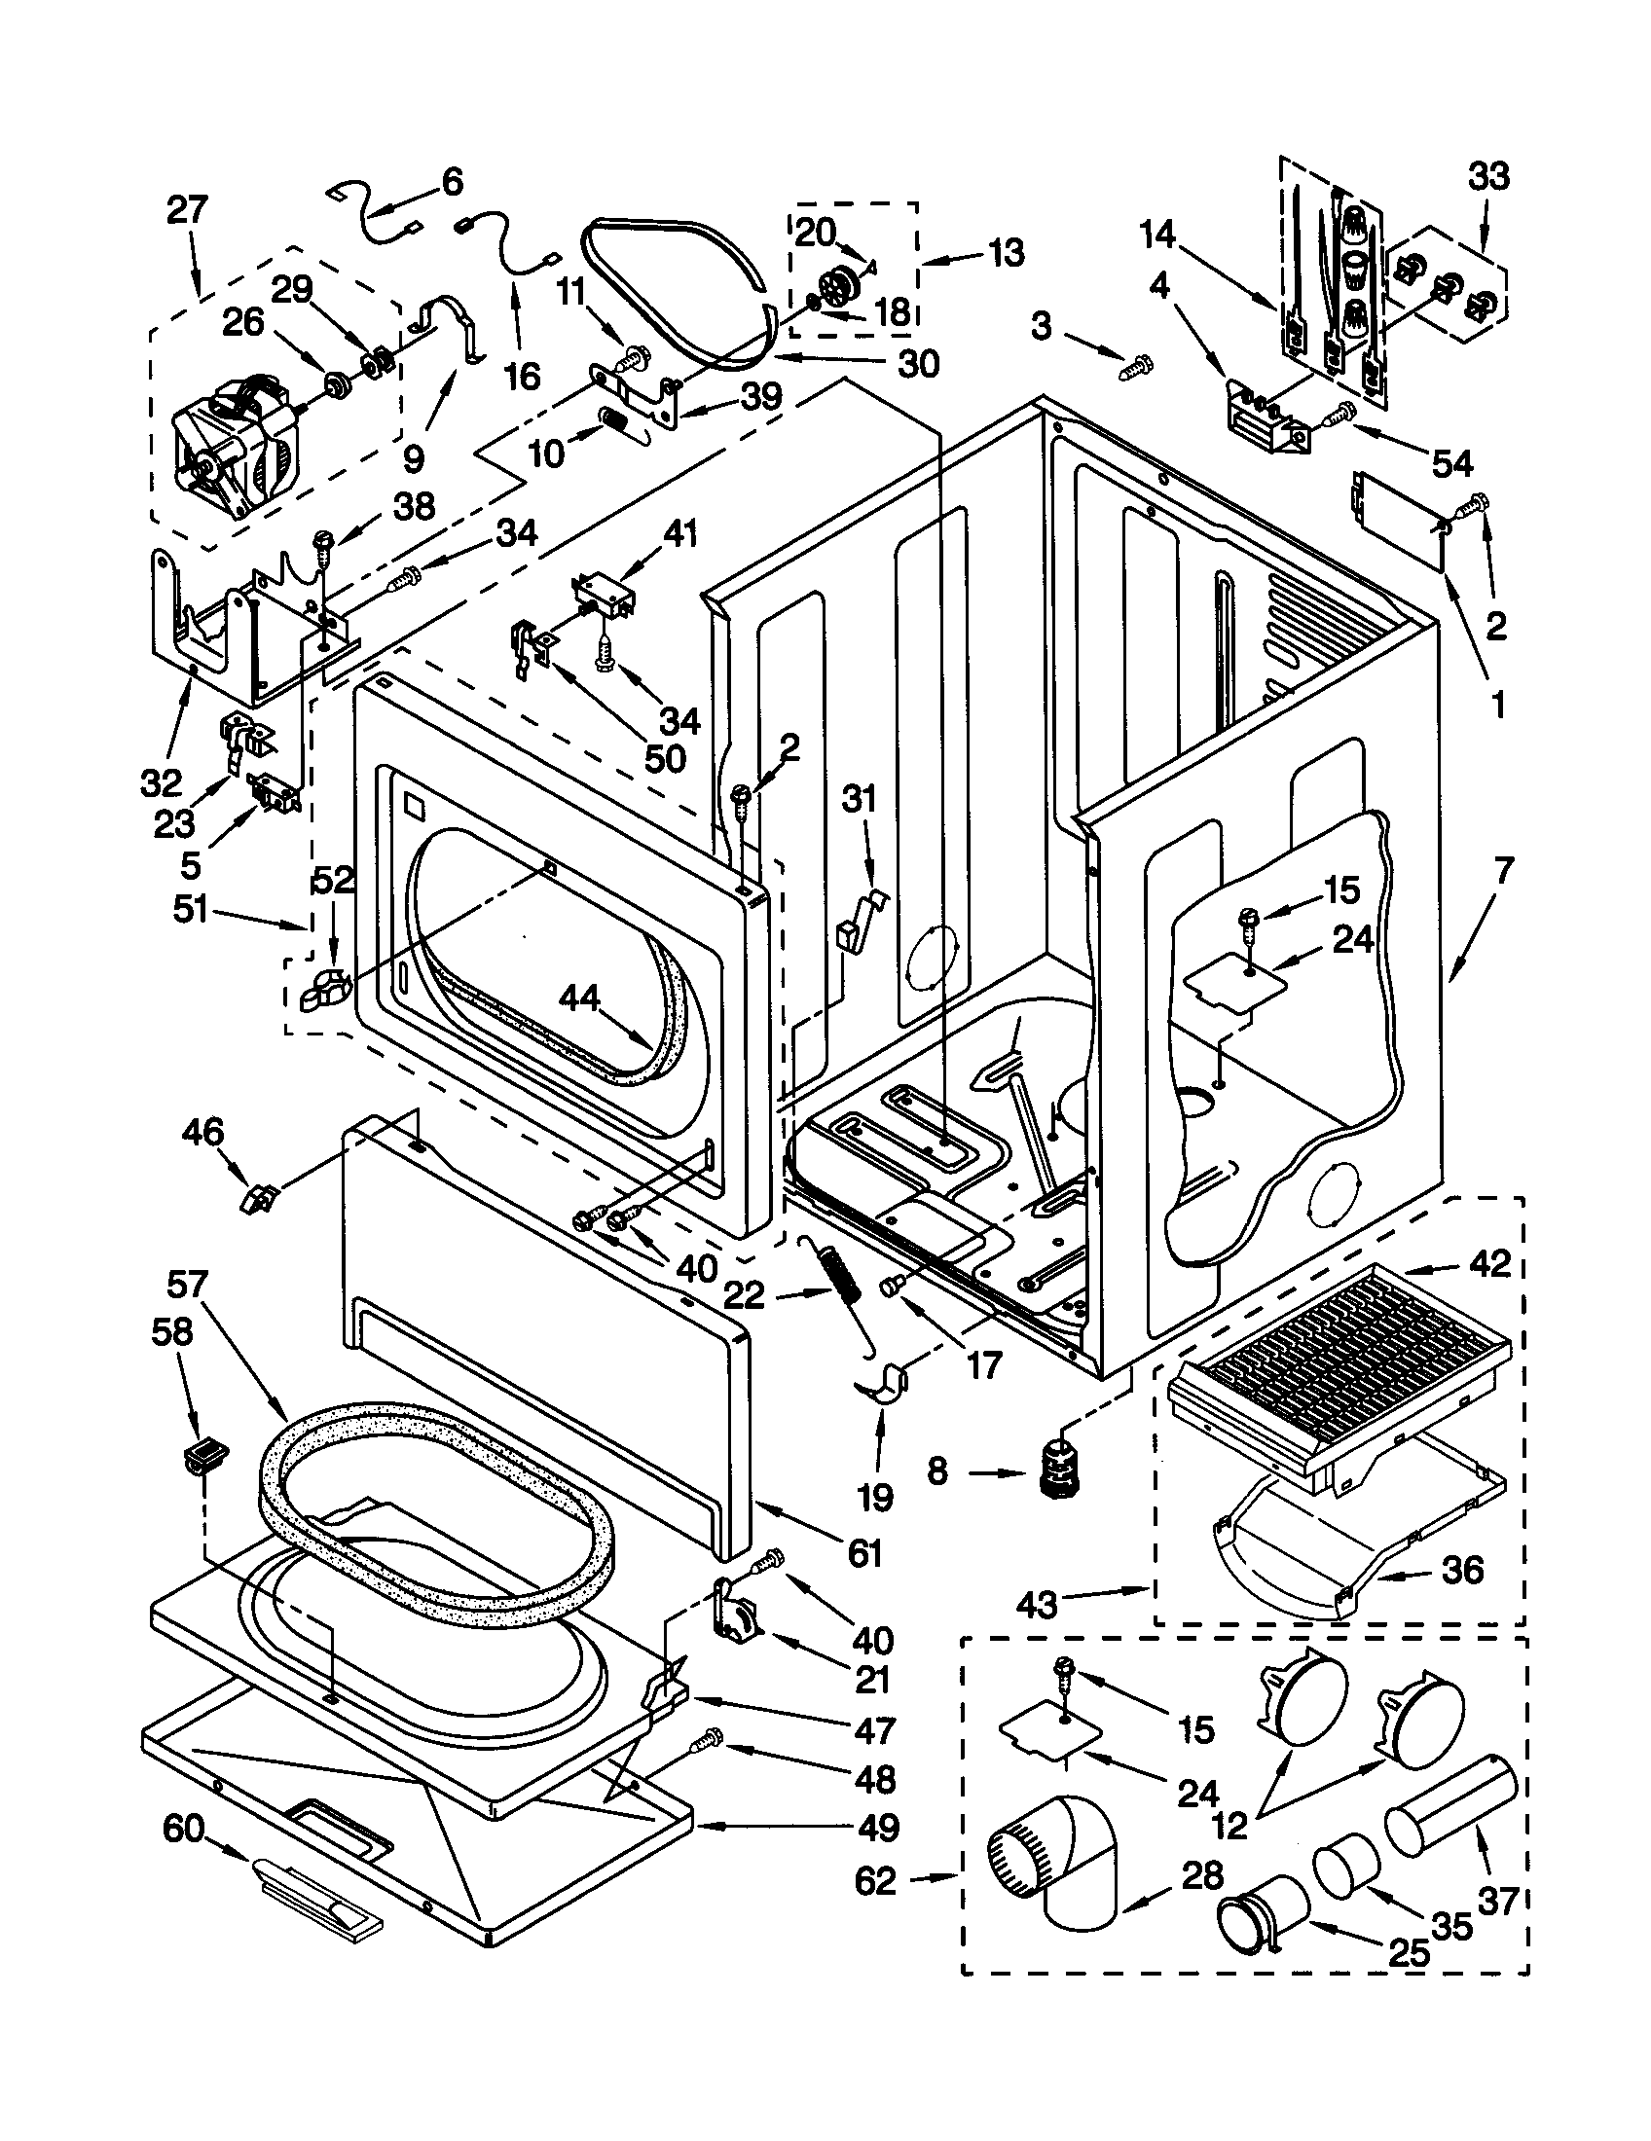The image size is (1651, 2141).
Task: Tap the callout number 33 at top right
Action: tap(1488, 178)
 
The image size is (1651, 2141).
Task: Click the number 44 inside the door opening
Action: tap(579, 998)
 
